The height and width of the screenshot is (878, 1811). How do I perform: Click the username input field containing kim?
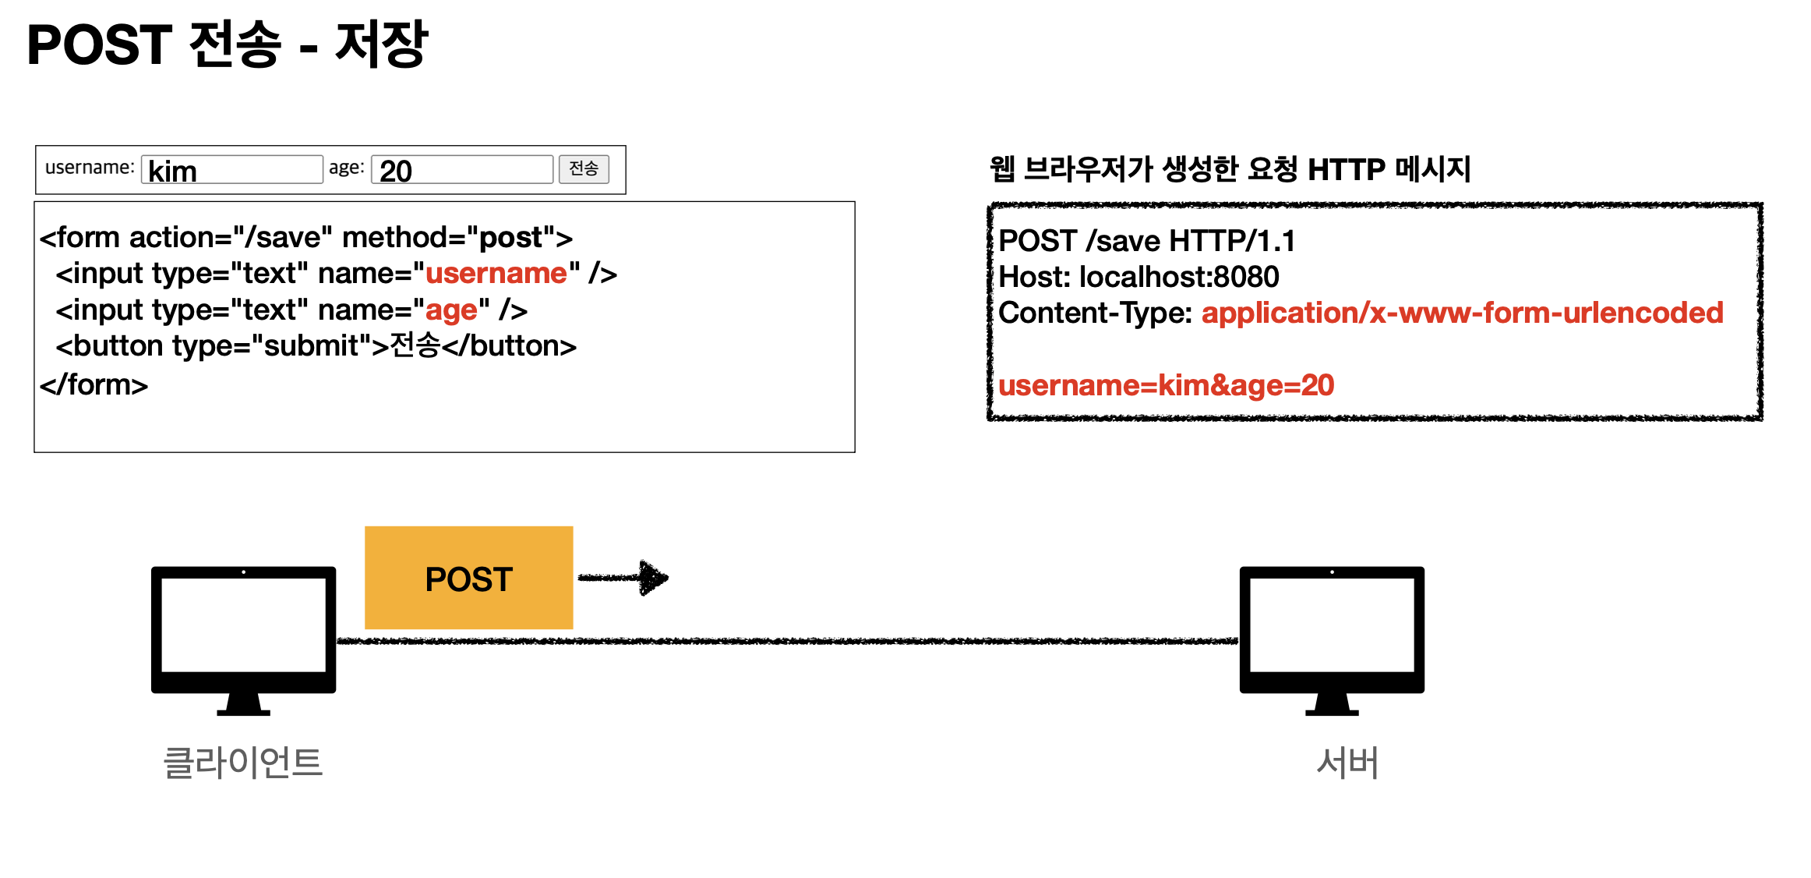click(x=231, y=170)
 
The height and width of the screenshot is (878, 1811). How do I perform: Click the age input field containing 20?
click(x=461, y=170)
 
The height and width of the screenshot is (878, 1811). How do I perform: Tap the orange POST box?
click(x=468, y=578)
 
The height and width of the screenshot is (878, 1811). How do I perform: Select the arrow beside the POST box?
click(x=623, y=578)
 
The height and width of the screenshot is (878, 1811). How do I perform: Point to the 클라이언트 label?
click(x=242, y=763)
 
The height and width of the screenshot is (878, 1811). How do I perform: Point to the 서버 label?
click(x=1347, y=763)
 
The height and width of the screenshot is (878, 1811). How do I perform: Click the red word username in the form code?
click(x=496, y=274)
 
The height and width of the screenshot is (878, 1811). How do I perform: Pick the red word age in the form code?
click(x=451, y=310)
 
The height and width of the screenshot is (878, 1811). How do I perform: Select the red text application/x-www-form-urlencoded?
click(x=1462, y=313)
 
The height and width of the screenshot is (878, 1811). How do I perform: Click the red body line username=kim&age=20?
click(x=1166, y=385)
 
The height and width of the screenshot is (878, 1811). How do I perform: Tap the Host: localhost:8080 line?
click(x=1138, y=277)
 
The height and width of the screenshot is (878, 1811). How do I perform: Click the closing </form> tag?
click(x=94, y=384)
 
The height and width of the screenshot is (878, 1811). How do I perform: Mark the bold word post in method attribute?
click(x=510, y=237)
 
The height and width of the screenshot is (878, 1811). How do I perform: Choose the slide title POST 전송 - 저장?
click(x=228, y=44)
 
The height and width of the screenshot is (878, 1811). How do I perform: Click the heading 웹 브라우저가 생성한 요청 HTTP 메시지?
click(x=1230, y=169)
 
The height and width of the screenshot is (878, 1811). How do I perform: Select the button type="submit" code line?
click(x=316, y=346)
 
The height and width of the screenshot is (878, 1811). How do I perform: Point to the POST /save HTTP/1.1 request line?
click(x=1146, y=241)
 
